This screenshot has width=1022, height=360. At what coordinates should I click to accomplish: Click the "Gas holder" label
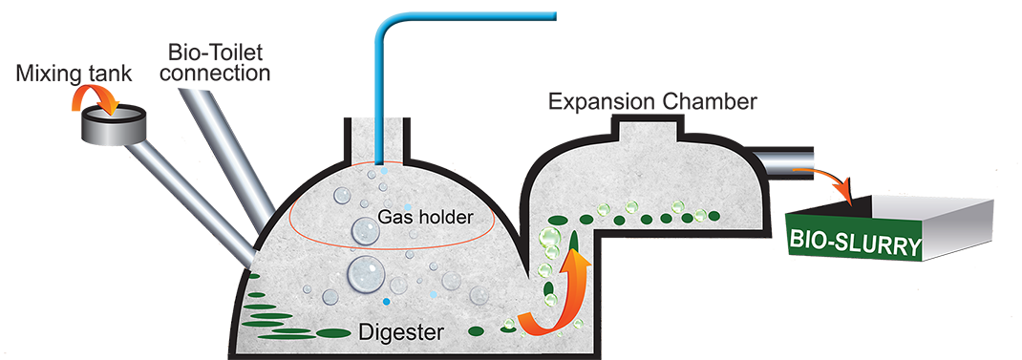tap(425, 218)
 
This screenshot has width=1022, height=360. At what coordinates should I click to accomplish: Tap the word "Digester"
tap(400, 333)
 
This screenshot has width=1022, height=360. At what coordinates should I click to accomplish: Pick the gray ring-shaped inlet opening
tap(114, 123)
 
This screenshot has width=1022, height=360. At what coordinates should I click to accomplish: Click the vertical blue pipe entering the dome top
tap(381, 124)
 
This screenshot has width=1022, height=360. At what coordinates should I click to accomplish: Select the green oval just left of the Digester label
tap(332, 332)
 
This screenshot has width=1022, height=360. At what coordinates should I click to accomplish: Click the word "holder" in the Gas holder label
tap(450, 218)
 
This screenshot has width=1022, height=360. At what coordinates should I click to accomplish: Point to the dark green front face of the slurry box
tap(856, 244)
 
